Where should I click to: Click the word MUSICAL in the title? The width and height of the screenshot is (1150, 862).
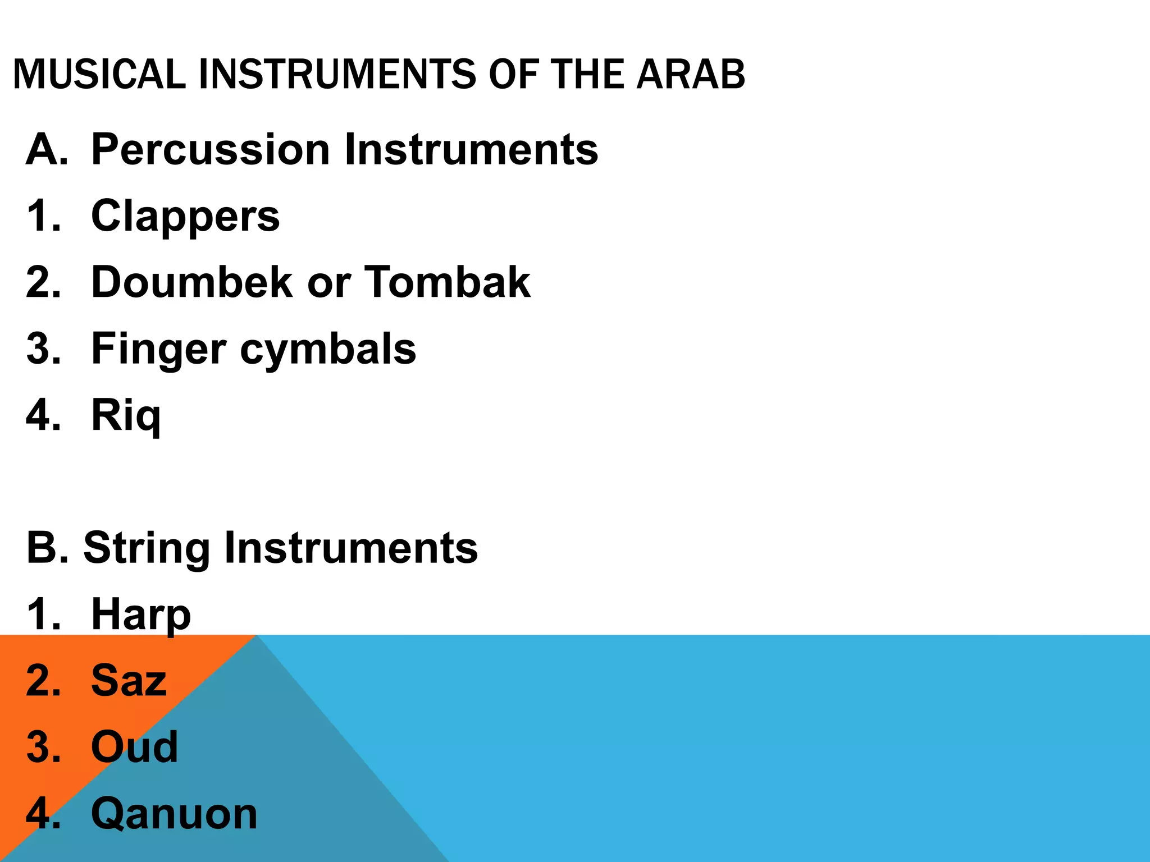pyautogui.click(x=99, y=74)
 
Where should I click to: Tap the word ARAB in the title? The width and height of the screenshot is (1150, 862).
pyautogui.click(x=691, y=74)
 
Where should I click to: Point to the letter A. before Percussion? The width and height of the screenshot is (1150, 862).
pyautogui.click(x=47, y=150)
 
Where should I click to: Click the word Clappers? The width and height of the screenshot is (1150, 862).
pyautogui.click(x=185, y=217)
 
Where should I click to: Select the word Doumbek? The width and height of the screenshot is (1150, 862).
pyautogui.click(x=192, y=282)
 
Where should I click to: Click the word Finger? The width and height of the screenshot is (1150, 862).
pyautogui.click(x=158, y=349)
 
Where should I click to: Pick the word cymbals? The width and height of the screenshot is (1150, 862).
pyautogui.click(x=328, y=349)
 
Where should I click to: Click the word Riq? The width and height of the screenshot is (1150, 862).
pyautogui.click(x=126, y=416)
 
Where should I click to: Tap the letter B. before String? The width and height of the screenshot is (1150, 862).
pyautogui.click(x=47, y=548)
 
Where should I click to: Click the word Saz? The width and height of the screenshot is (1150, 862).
pyautogui.click(x=129, y=681)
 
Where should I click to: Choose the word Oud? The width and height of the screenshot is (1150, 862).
pyautogui.click(x=135, y=748)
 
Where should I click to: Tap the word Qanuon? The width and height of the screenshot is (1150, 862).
pyautogui.click(x=174, y=814)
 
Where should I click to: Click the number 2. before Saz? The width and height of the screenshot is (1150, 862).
pyautogui.click(x=43, y=681)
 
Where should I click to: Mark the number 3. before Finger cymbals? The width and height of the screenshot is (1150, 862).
pyautogui.click(x=43, y=349)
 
